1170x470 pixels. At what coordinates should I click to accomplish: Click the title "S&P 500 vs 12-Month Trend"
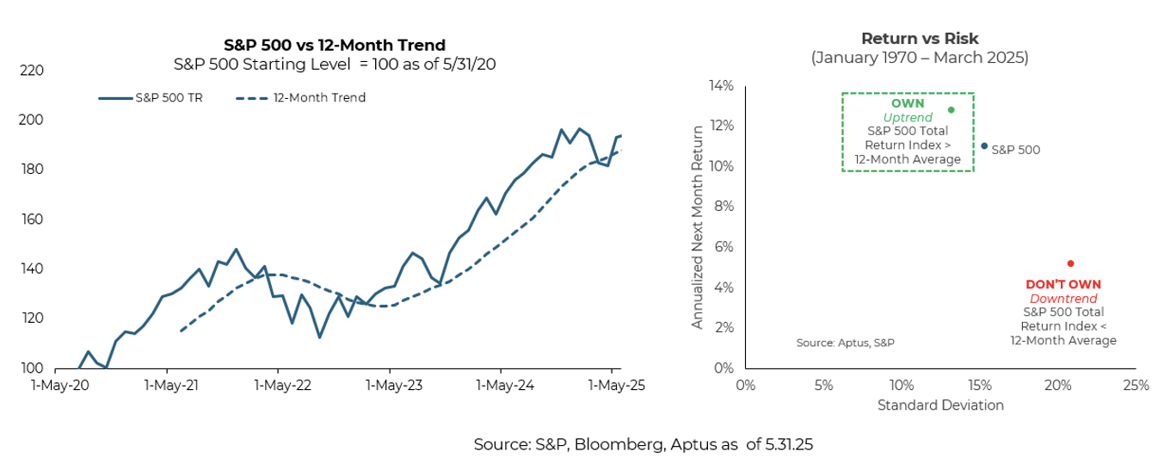[x=335, y=45]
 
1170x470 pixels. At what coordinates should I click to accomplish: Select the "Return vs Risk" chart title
[x=920, y=39]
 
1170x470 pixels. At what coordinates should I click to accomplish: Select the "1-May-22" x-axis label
[x=279, y=386]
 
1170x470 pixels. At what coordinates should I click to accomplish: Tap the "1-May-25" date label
[x=611, y=386]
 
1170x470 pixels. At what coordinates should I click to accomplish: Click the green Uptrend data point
[x=951, y=110]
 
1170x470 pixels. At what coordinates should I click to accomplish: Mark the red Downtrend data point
[x=1070, y=263]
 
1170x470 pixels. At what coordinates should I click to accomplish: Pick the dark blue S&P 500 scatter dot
[x=984, y=146]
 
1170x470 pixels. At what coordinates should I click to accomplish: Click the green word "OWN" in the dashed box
[x=908, y=103]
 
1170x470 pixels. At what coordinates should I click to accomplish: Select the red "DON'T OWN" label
[x=1063, y=284]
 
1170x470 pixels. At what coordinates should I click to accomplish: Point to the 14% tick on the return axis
[x=720, y=86]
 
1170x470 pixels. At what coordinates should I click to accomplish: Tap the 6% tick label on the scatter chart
[x=724, y=247]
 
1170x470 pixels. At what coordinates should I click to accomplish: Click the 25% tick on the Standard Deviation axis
[x=1136, y=386]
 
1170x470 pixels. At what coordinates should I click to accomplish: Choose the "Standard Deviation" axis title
[x=940, y=405]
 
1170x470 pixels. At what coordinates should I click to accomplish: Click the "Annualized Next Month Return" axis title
[x=699, y=226]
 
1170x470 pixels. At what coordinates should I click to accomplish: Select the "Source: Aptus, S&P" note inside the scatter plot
[x=846, y=343]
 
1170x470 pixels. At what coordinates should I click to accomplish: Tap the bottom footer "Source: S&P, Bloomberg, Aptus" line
[x=643, y=445]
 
